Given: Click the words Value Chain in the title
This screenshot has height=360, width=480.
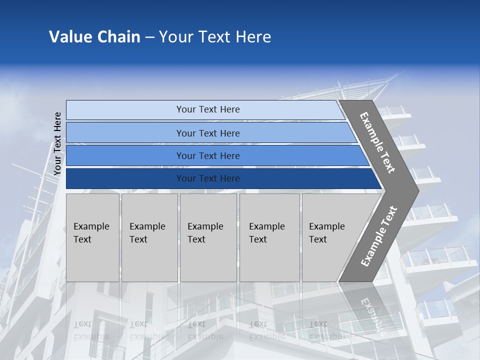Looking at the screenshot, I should (x=94, y=37).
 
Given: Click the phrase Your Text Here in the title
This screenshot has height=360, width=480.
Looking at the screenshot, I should (x=215, y=37).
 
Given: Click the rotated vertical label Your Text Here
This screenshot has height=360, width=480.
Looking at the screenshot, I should (x=57, y=143).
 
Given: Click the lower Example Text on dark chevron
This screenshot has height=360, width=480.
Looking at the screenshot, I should (x=378, y=236).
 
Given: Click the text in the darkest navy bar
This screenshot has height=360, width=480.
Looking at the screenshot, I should (x=208, y=178).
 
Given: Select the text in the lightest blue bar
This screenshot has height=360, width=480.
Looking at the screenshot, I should (x=208, y=109).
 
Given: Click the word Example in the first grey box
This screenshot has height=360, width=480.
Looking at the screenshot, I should (x=91, y=226).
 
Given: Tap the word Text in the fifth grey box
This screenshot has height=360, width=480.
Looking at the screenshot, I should (x=317, y=239).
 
